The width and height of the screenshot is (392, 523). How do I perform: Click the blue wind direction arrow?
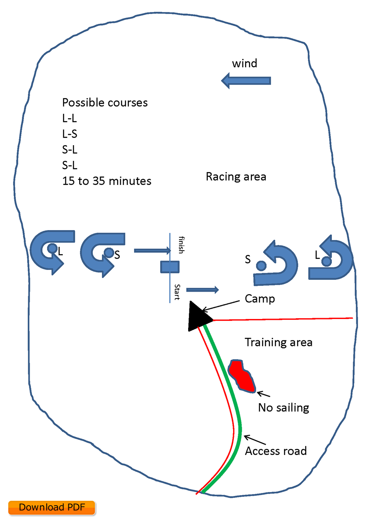tap(246, 81)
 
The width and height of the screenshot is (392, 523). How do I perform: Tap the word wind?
tap(244, 64)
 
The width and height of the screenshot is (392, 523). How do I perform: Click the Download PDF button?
tap(51, 507)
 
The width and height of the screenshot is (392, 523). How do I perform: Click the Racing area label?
tap(236, 177)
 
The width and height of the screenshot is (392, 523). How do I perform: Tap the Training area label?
tap(278, 342)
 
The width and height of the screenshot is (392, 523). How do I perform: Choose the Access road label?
tap(276, 451)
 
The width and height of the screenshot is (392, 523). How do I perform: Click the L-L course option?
tap(70, 119)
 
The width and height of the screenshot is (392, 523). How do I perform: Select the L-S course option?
tap(70, 134)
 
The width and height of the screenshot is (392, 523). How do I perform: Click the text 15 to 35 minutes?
tap(107, 181)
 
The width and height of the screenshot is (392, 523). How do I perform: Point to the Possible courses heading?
tap(105, 103)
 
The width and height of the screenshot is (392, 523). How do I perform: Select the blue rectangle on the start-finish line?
tap(170, 266)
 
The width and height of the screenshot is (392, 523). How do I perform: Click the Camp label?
tap(260, 299)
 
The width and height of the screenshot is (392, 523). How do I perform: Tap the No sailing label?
tap(284, 408)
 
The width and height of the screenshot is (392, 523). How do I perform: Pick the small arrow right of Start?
tap(202, 290)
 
